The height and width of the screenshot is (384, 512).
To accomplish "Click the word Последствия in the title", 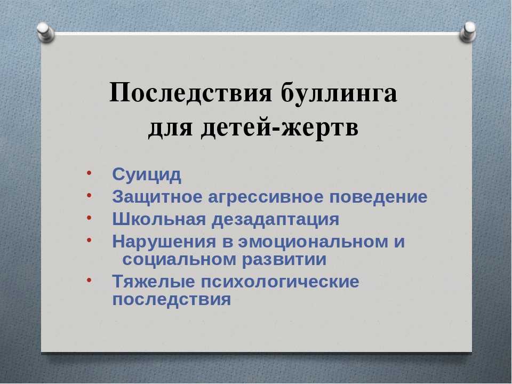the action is (191, 92).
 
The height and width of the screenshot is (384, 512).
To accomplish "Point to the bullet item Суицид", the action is (147, 175).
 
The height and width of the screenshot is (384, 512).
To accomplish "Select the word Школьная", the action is (159, 219).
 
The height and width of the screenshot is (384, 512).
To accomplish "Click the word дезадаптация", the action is (276, 220).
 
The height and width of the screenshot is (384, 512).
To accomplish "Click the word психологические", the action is (280, 282).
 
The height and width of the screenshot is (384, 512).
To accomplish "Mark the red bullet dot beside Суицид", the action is (89, 173).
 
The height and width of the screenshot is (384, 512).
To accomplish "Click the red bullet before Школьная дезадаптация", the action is (89, 218).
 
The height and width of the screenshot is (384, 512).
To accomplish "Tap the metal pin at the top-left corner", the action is (45, 32).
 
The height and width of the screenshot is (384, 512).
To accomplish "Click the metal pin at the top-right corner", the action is (468, 31).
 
